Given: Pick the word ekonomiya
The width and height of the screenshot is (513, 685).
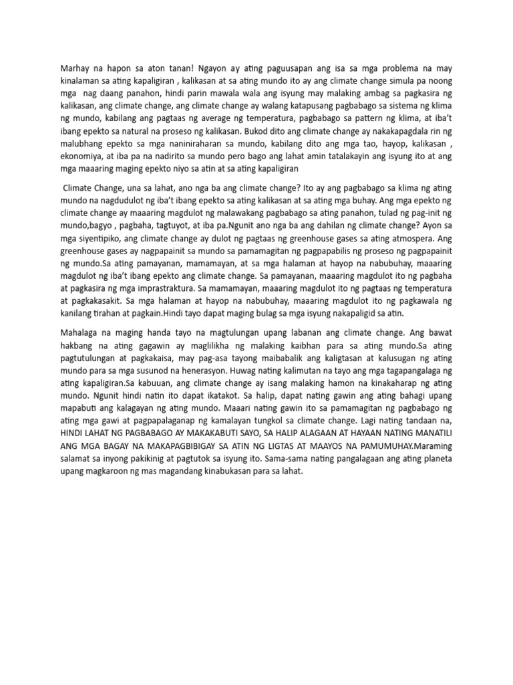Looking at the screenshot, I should pos(82,157).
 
